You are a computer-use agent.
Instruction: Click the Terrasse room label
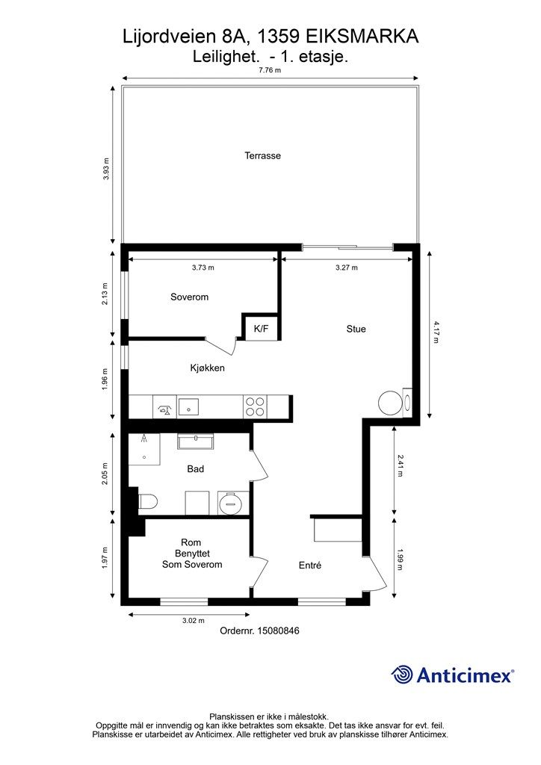tap(262, 155)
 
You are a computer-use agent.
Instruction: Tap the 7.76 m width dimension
tap(270, 70)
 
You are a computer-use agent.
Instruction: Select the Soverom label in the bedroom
tap(189, 297)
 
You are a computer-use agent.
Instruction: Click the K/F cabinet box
tap(261, 329)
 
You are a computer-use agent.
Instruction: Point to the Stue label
tap(356, 329)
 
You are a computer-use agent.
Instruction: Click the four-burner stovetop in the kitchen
tap(256, 406)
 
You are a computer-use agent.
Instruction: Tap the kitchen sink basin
tap(188, 406)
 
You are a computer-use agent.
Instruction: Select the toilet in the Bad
tap(148, 501)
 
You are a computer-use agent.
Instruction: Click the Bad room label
tap(196, 469)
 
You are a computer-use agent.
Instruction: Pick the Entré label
tap(310, 566)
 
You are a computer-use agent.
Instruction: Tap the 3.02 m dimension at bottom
tap(194, 621)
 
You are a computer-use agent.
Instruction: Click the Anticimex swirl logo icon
tap(402, 675)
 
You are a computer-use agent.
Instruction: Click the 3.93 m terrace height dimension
tap(106, 169)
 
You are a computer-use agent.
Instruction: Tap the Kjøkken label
tap(207, 368)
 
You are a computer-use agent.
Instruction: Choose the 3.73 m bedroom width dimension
tap(203, 267)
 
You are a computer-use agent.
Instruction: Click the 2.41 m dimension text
tap(400, 466)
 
